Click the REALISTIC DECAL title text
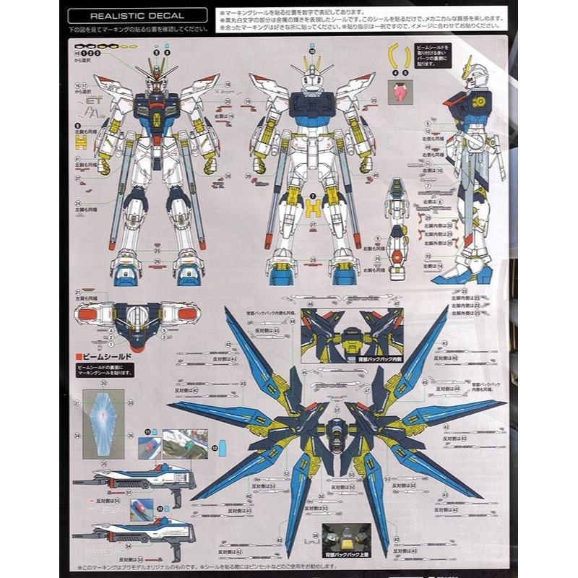click(137, 14)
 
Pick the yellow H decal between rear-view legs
click(312, 210)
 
